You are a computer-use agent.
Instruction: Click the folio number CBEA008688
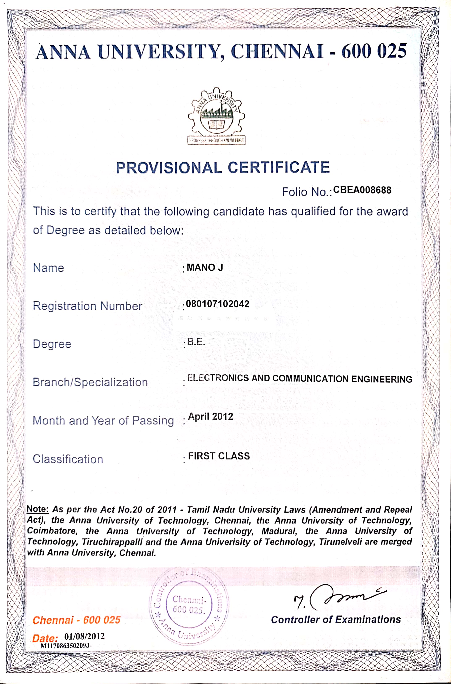tap(362, 190)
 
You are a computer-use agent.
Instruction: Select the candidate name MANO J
tap(205, 267)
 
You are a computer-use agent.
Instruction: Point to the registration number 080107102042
tap(218, 304)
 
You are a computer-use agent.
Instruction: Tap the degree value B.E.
tap(196, 342)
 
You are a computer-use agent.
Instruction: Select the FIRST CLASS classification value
tap(219, 456)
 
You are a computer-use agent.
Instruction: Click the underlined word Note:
tap(38, 509)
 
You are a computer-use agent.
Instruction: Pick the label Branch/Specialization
tap(90, 382)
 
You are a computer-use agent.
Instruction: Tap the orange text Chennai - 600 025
tap(76, 620)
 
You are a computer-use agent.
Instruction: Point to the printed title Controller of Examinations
tap(336, 620)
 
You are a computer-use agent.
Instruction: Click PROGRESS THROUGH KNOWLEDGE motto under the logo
tap(216, 140)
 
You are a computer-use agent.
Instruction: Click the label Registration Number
tap(87, 306)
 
